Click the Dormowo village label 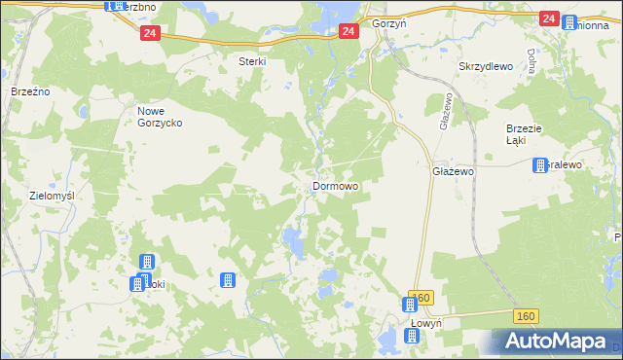tap(335, 185)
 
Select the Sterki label tap(253, 60)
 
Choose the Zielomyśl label tap(53, 195)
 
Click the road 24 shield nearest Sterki tap(149, 33)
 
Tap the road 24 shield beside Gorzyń tap(350, 32)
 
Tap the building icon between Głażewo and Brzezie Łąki tap(539, 166)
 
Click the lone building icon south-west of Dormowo tap(227, 281)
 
